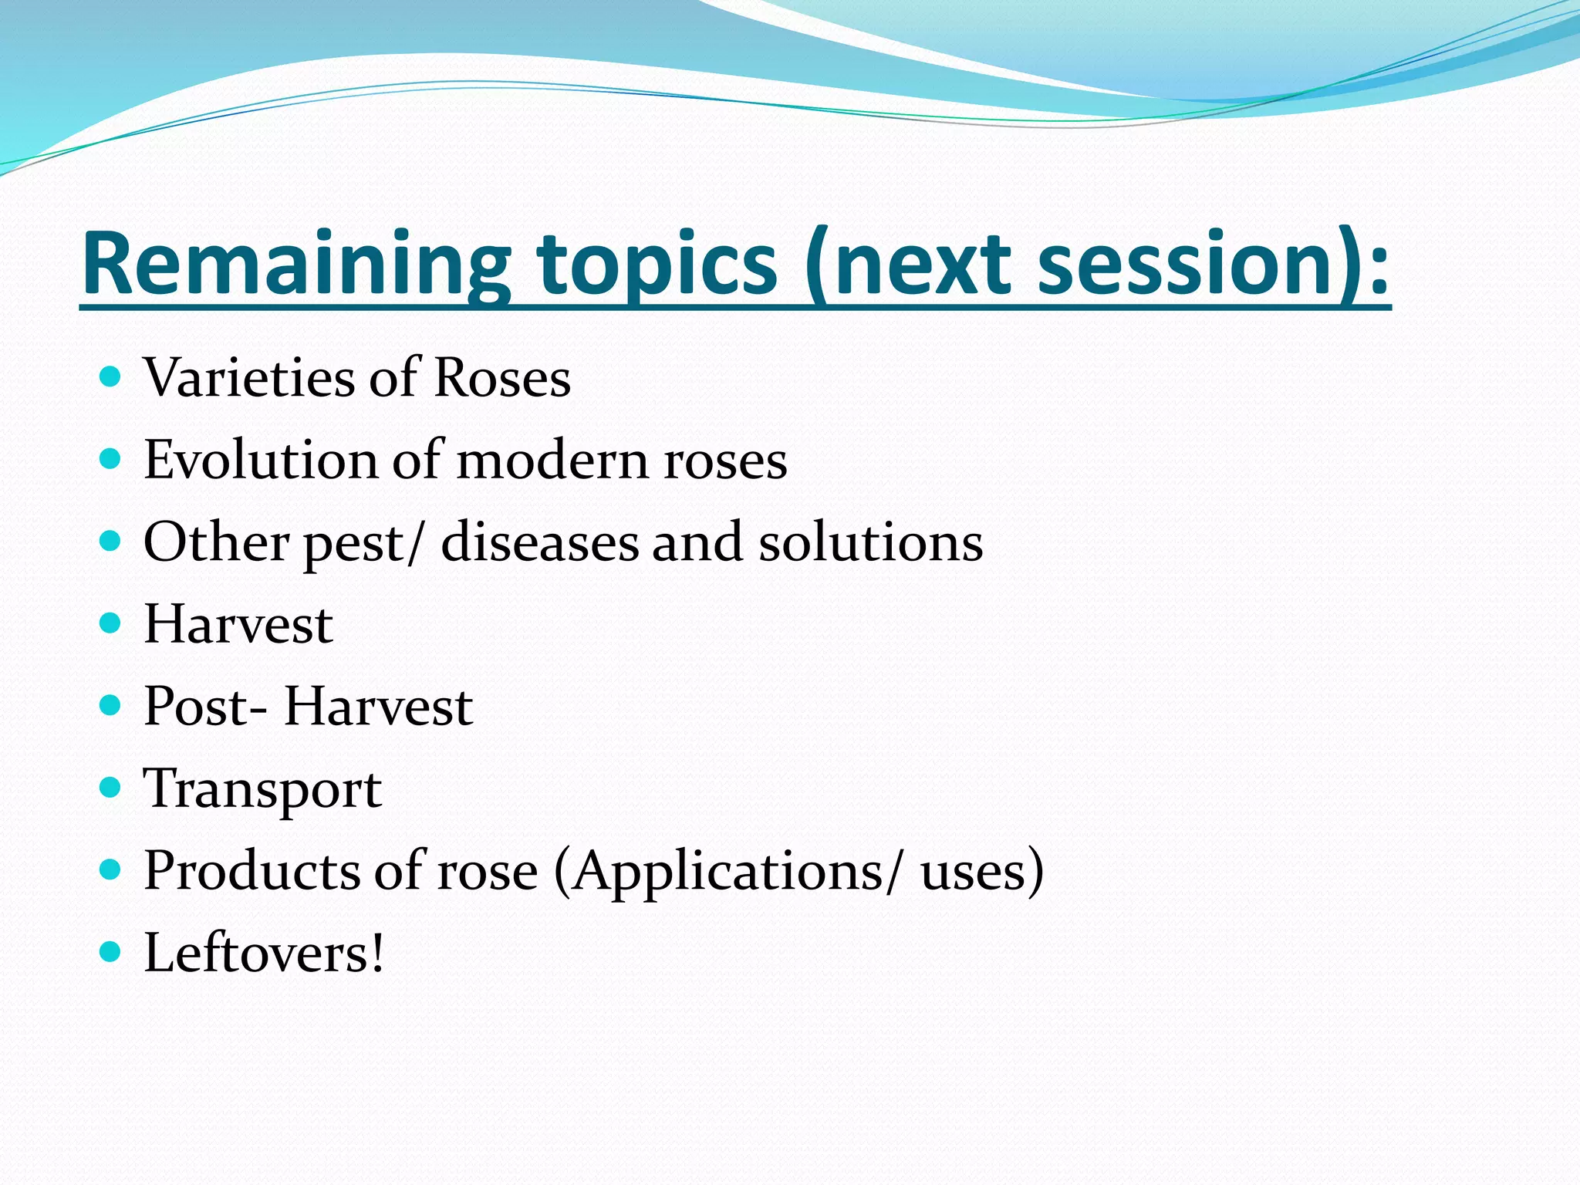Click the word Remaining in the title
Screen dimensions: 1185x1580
coord(295,264)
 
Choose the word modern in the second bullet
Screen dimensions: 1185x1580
coord(552,461)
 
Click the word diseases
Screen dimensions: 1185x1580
coord(539,542)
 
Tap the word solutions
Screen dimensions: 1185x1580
coord(871,542)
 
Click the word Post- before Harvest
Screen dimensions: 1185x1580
coord(206,707)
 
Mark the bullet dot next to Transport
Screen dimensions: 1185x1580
coord(111,788)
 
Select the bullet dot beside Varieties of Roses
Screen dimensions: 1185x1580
coord(111,377)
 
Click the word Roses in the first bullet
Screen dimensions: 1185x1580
coord(502,378)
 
